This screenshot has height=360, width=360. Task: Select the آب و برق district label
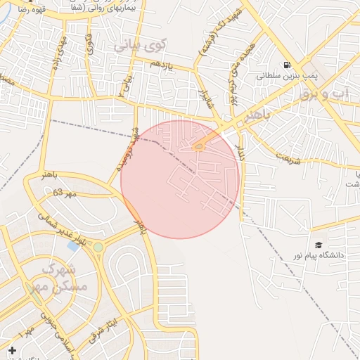tap(330, 93)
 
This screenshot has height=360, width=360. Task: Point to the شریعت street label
tap(288, 155)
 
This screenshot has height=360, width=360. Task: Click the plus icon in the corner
tap(11, 350)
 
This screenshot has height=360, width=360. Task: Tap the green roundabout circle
tap(98, 247)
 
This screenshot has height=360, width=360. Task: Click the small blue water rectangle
tap(73, 246)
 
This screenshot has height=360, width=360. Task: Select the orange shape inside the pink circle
tap(199, 146)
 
